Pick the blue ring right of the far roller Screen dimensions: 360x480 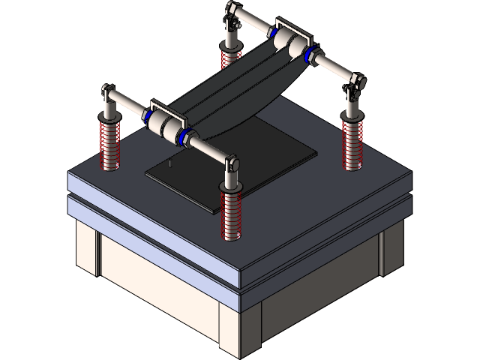310,53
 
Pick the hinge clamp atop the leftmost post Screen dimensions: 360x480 109,95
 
